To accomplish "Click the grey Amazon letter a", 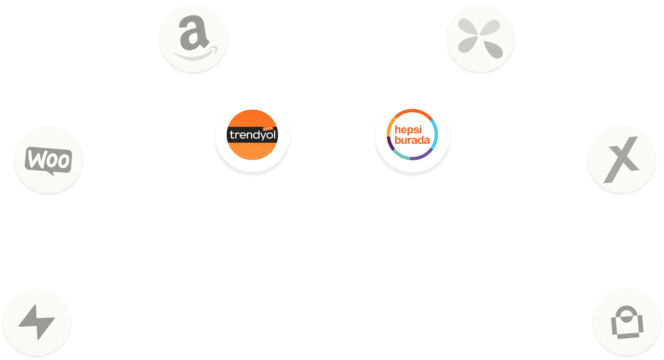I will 193,35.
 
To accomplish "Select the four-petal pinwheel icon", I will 480,38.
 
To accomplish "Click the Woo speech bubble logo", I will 48,160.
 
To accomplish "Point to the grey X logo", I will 621,160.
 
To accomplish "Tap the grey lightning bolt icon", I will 37,322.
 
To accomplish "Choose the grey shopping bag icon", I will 627,323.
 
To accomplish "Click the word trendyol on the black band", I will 253,135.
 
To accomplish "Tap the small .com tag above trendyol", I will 268,128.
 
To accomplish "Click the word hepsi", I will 408,129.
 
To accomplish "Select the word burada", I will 412,140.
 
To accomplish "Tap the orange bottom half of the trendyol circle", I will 253,151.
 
